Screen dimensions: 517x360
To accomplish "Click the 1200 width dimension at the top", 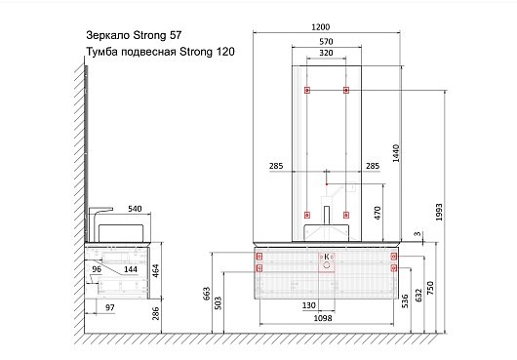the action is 321,26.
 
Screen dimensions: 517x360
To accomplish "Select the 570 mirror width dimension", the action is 326,42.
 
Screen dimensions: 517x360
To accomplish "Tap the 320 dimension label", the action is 326,53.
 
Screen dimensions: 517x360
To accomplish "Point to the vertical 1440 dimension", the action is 396,153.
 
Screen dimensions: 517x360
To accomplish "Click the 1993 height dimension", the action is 439,212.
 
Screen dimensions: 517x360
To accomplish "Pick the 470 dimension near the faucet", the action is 378,213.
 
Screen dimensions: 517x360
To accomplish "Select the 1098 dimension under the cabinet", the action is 323,318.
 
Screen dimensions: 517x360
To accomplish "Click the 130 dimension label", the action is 309,305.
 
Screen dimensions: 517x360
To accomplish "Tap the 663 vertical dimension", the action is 206,294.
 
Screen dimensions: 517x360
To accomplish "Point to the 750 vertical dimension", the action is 430,288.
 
